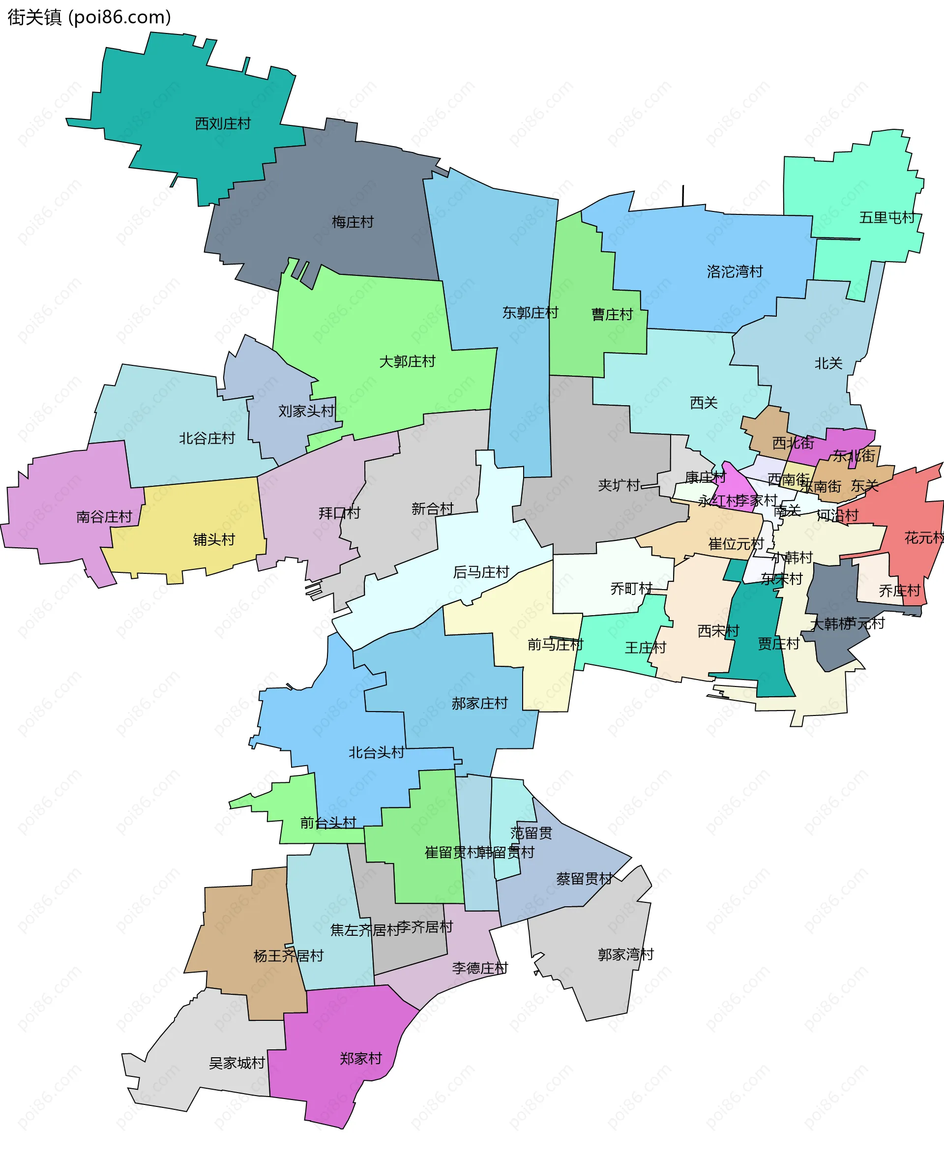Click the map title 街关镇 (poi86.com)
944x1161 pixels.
[89, 17]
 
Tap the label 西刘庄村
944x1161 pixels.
[222, 124]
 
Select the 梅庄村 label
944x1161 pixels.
[353, 222]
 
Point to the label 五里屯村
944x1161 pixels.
[887, 217]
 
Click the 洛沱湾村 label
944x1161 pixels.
[735, 271]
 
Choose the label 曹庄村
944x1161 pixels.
[612, 314]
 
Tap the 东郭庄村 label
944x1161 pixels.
[530, 313]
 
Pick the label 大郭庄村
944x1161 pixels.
[407, 361]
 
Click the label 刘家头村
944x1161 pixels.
[306, 411]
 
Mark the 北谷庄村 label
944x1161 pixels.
[206, 438]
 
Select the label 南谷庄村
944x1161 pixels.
[104, 517]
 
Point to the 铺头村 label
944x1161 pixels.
[214, 539]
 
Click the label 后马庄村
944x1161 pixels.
[481, 572]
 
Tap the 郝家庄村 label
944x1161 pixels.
[479, 703]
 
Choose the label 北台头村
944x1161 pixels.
[376, 753]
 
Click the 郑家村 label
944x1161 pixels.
[360, 1058]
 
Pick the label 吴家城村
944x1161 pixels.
[236, 1063]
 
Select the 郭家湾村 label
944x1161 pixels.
[625, 954]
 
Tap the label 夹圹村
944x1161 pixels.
[619, 485]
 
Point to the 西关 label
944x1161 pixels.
[703, 403]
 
